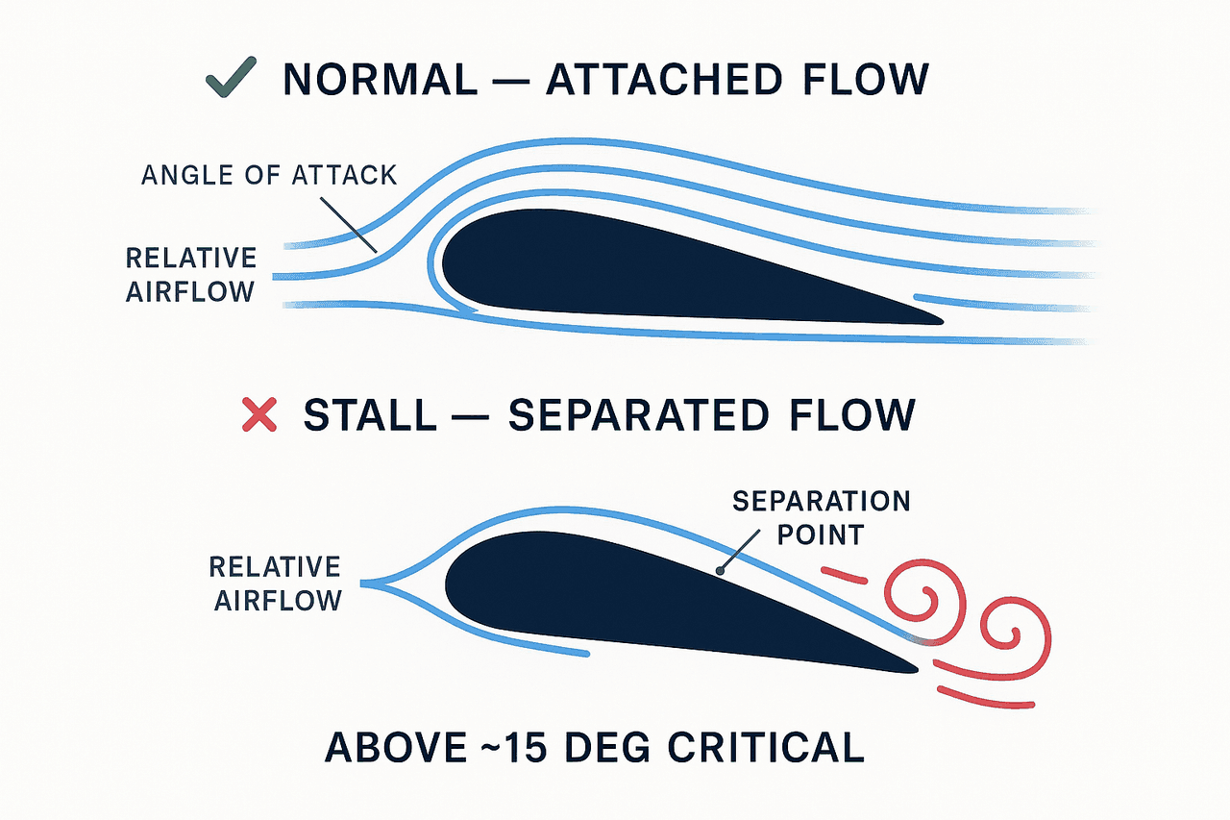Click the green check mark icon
click(x=231, y=78)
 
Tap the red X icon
click(x=259, y=414)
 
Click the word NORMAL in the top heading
click(x=380, y=80)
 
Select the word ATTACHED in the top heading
click(x=664, y=80)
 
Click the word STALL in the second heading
click(x=370, y=415)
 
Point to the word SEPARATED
click(x=638, y=415)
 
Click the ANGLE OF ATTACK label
click(x=269, y=175)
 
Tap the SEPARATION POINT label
click(x=822, y=518)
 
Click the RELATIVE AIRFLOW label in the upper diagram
click(x=191, y=275)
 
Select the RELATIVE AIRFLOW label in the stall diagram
click(x=276, y=584)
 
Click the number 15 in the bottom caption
click(x=526, y=748)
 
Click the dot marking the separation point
click(x=720, y=572)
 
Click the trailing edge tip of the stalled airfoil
click(x=917, y=670)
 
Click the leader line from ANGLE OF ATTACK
click(x=349, y=225)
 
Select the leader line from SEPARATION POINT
click(x=740, y=551)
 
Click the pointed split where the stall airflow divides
click(x=363, y=584)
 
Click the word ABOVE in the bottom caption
click(x=396, y=748)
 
